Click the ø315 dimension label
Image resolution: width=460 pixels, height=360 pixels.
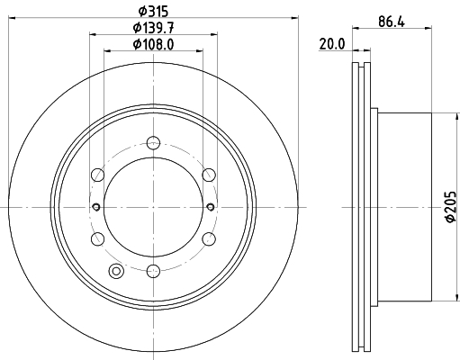coord(153,12)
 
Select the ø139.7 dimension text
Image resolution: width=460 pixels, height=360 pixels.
coord(153,28)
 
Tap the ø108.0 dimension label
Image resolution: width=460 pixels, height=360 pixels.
coord(153,45)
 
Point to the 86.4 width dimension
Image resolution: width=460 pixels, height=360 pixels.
coord(392,22)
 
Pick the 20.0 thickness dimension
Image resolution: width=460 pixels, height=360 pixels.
coord(332,44)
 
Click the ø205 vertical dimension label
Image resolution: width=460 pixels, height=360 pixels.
coord(451,207)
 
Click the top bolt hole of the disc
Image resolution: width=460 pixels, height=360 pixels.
coord(153,142)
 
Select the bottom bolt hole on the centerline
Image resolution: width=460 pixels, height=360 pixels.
coord(153,271)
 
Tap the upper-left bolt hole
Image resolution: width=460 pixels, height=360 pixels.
coord(97,175)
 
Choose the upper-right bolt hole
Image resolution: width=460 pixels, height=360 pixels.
coord(209,175)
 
